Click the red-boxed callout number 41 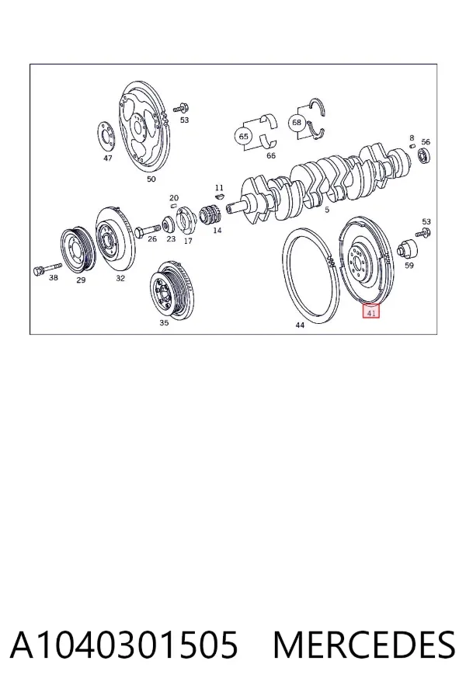371,311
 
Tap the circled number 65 243,136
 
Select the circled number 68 297,122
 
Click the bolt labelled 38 47,269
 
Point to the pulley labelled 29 78,251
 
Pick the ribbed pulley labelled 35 172,290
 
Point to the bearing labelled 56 423,156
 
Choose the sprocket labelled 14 210,215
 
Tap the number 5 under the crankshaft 326,210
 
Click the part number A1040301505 124,645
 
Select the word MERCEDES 364,645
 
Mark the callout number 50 151,179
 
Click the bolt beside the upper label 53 181,107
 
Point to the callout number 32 120,278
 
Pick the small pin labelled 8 412,145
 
